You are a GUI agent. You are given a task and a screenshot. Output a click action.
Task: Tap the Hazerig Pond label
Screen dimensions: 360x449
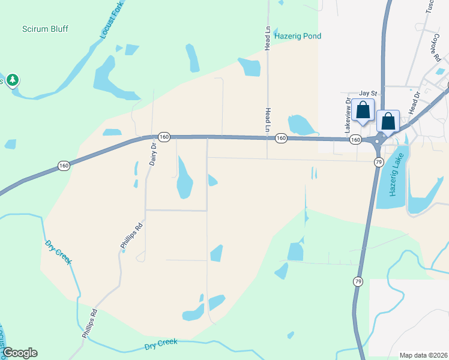(x=298, y=36)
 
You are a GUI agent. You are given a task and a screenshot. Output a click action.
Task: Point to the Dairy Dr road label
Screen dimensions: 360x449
(x=153, y=154)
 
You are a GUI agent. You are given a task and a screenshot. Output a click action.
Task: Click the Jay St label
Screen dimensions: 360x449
(x=367, y=94)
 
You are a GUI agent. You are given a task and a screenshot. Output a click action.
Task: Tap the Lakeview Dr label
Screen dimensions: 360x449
(x=347, y=116)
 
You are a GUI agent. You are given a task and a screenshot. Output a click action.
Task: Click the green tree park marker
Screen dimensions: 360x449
(x=12, y=80)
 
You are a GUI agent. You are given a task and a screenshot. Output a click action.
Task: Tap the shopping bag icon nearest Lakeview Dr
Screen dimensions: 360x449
(x=363, y=110)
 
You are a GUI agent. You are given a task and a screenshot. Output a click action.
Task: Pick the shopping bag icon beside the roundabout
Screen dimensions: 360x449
(x=388, y=121)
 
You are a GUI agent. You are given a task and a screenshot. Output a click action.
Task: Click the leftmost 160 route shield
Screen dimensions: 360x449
(x=64, y=165)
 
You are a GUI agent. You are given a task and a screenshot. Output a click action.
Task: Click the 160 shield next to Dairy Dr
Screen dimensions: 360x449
(x=164, y=137)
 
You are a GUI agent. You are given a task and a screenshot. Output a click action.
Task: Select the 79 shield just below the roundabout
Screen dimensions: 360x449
(x=378, y=162)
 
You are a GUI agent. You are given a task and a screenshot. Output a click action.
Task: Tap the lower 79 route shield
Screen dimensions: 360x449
(x=358, y=281)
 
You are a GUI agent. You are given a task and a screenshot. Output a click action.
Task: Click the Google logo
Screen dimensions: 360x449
(x=19, y=353)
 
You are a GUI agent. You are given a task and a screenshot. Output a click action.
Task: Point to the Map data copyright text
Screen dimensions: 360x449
(x=423, y=355)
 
